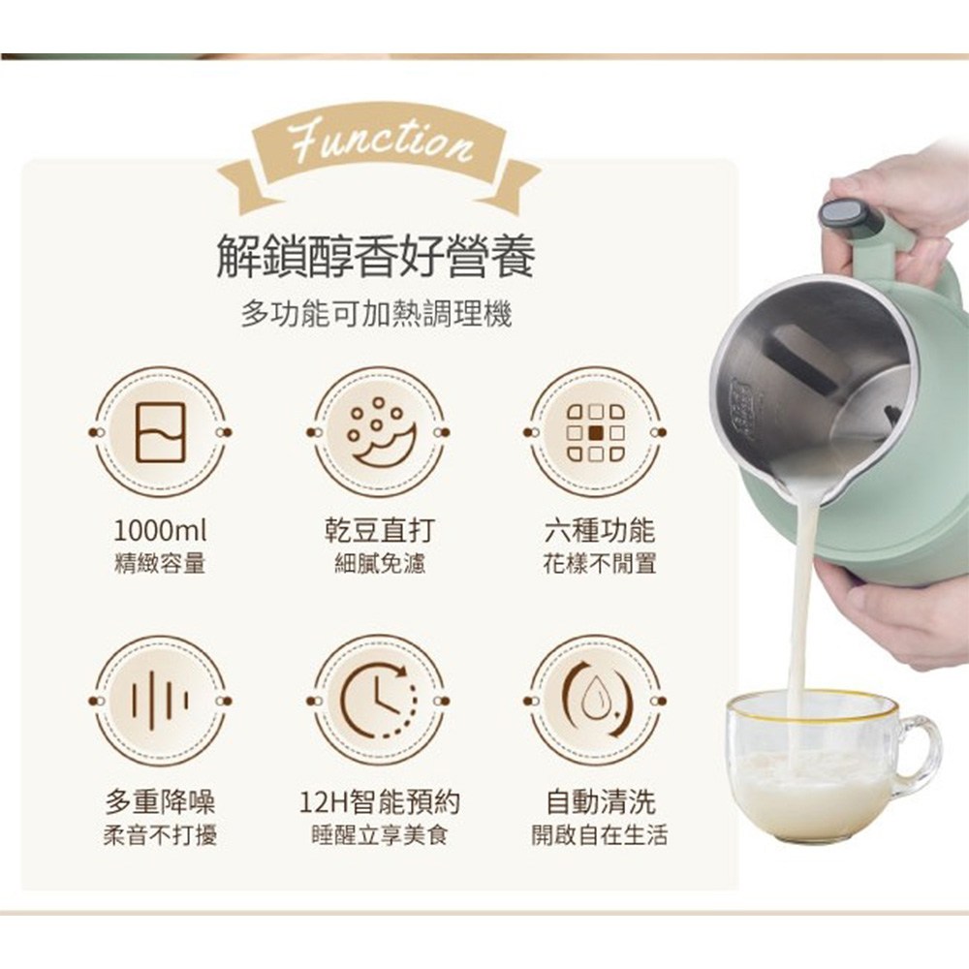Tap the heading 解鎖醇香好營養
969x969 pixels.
tap(376, 256)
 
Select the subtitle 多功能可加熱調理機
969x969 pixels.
tap(376, 315)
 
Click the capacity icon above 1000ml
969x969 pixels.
tap(160, 432)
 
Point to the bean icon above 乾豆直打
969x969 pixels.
tap(378, 432)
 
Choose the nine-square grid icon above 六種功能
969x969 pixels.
tap(596, 432)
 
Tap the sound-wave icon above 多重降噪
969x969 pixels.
tap(160, 701)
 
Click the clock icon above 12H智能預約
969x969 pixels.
tap(378, 701)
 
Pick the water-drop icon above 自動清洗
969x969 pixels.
tap(596, 701)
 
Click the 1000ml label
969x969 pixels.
tap(160, 530)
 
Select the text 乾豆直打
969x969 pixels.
tap(379, 530)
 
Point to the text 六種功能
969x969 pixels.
tap(598, 530)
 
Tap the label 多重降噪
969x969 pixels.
tap(160, 801)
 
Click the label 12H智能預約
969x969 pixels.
tap(379, 801)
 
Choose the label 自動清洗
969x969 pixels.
tap(600, 801)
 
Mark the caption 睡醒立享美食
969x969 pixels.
tap(379, 835)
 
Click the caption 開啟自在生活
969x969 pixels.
tap(599, 835)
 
